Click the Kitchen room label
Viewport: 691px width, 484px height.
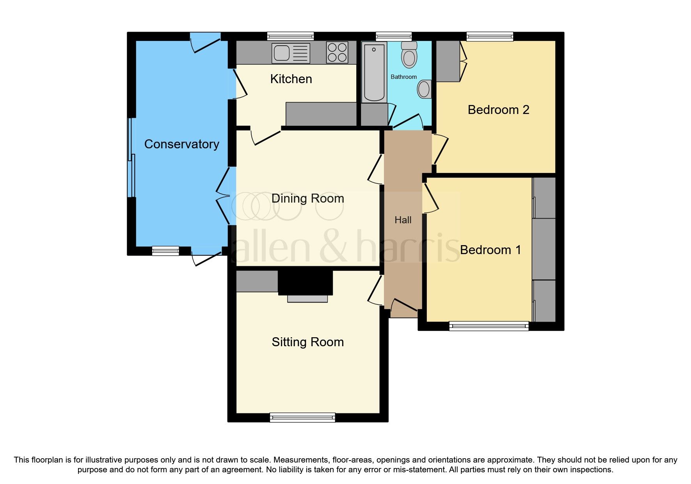(x=291, y=79)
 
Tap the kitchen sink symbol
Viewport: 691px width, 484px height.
(x=291, y=53)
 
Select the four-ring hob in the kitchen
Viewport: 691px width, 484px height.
(x=337, y=52)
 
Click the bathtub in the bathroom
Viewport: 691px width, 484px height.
(x=374, y=72)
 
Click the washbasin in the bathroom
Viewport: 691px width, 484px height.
(x=424, y=89)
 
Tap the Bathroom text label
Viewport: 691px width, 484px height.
(x=403, y=77)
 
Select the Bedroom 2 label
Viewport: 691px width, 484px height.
(x=498, y=110)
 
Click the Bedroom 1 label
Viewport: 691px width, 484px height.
(x=490, y=250)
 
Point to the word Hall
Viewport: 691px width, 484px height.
(x=403, y=220)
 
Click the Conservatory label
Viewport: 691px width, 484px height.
(x=181, y=144)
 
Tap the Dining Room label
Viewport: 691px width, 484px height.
(x=307, y=198)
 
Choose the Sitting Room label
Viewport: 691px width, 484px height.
(x=307, y=342)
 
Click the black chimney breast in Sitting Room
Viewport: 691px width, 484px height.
(x=305, y=282)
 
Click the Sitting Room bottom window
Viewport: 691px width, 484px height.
(x=302, y=417)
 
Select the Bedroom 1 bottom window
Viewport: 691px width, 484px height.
(x=488, y=326)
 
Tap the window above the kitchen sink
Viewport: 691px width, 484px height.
(x=290, y=36)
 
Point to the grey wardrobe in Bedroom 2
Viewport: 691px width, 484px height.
(x=448, y=61)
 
